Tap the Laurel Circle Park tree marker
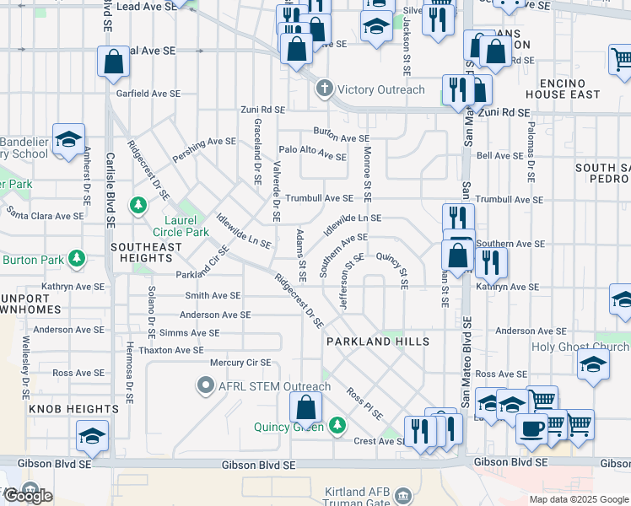coord(138,205)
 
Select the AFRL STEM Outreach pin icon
coord(205,387)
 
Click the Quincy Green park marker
coord(337,425)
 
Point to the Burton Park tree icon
coord(77,257)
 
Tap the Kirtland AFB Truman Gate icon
coord(402,494)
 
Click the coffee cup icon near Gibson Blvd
coord(531,428)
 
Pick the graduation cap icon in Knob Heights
coord(92,435)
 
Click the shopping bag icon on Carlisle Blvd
coord(113,62)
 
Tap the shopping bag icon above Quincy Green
coord(306,408)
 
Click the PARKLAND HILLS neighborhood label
coord(378,342)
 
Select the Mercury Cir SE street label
coord(240,363)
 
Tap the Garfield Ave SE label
coord(156,93)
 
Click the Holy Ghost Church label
coord(580,347)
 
